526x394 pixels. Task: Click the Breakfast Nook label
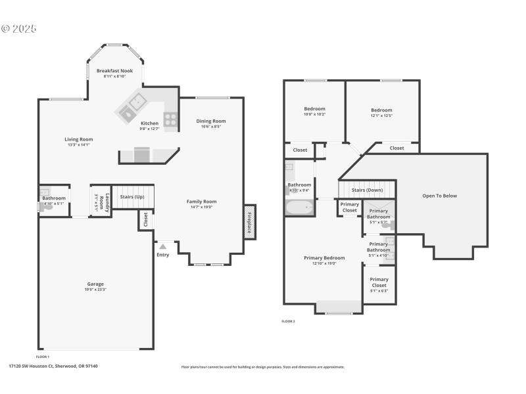(x=114, y=70)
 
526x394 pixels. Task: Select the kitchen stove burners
(x=170, y=120)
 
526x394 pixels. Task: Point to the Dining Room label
(x=211, y=121)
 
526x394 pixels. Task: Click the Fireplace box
(x=250, y=222)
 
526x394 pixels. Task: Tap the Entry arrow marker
(x=162, y=247)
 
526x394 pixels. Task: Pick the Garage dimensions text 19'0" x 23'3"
(x=96, y=290)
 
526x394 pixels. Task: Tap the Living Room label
(x=78, y=139)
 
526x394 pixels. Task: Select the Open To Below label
(x=439, y=196)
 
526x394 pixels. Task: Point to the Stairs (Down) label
(x=367, y=190)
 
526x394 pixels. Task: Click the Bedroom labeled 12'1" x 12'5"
(x=381, y=110)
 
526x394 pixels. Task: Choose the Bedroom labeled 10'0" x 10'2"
(x=314, y=109)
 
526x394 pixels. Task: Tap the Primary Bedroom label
(x=324, y=258)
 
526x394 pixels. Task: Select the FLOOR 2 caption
(x=288, y=321)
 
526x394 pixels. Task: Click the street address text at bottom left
(x=53, y=366)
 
